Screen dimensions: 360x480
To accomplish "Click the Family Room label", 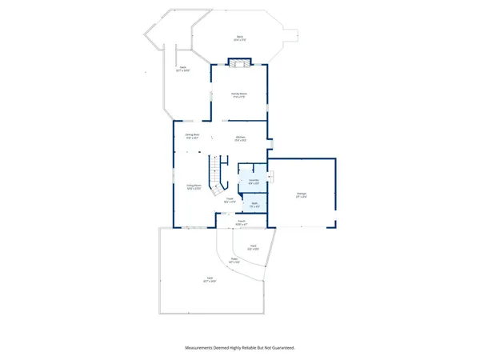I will [239, 95].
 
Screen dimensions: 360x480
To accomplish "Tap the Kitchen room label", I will [239, 138].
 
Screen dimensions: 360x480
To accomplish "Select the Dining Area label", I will [192, 136].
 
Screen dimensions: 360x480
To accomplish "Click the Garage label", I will [302, 194].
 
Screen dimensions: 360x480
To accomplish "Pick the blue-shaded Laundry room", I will [253, 181].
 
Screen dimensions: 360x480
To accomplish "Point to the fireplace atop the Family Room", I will [239, 62].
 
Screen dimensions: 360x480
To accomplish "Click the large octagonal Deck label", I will [239, 38].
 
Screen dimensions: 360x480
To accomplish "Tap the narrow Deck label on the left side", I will [182, 70].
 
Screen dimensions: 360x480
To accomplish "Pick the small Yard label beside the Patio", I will [252, 248].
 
